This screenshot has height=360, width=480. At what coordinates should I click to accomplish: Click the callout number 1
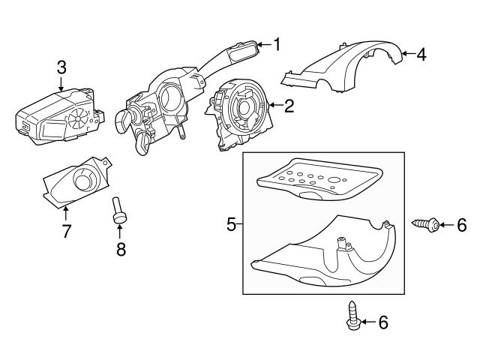(276, 45)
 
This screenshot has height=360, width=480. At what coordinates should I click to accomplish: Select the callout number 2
(288, 106)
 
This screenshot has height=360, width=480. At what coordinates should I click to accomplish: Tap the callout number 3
(61, 68)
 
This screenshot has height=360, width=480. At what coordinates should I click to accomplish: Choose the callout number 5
(232, 223)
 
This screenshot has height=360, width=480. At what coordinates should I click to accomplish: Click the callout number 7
(66, 231)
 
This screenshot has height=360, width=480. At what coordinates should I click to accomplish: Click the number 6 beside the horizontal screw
(462, 223)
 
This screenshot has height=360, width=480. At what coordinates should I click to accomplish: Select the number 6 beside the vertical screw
(383, 322)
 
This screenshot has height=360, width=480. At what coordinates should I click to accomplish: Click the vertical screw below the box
(353, 315)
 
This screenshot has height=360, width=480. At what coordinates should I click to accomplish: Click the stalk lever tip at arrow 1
(244, 52)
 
